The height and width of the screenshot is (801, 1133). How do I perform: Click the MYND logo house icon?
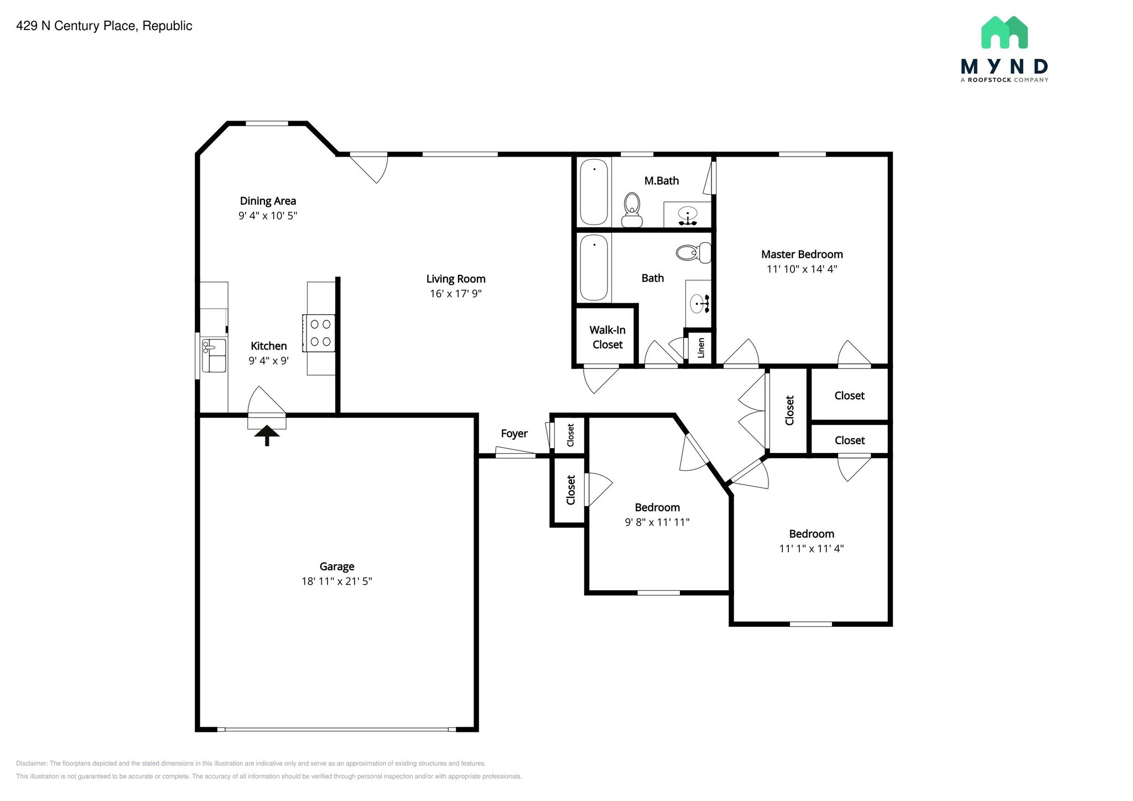point(1004,32)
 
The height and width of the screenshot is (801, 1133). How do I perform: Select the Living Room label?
point(456,279)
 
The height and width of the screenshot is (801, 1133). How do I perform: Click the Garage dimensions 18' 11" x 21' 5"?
point(337,581)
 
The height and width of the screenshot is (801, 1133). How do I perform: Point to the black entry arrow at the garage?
point(267,435)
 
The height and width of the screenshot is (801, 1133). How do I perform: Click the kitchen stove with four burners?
point(319,333)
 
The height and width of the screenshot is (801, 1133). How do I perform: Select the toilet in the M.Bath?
point(632,210)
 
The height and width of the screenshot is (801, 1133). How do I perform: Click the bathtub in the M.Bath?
point(594,192)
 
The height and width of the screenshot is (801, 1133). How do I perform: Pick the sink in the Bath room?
point(699,303)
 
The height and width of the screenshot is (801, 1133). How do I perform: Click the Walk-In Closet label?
point(607,337)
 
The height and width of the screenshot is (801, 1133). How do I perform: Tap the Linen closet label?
point(701,348)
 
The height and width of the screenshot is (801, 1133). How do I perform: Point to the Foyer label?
point(514,434)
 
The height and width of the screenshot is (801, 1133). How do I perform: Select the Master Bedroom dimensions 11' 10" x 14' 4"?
point(802,269)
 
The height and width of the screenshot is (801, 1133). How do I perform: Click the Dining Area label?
point(268,201)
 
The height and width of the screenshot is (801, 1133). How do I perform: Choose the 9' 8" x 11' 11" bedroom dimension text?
point(657,522)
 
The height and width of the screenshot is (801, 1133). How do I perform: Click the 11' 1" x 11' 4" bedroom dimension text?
point(812,548)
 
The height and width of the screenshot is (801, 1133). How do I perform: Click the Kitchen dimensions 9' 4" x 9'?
point(269,361)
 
